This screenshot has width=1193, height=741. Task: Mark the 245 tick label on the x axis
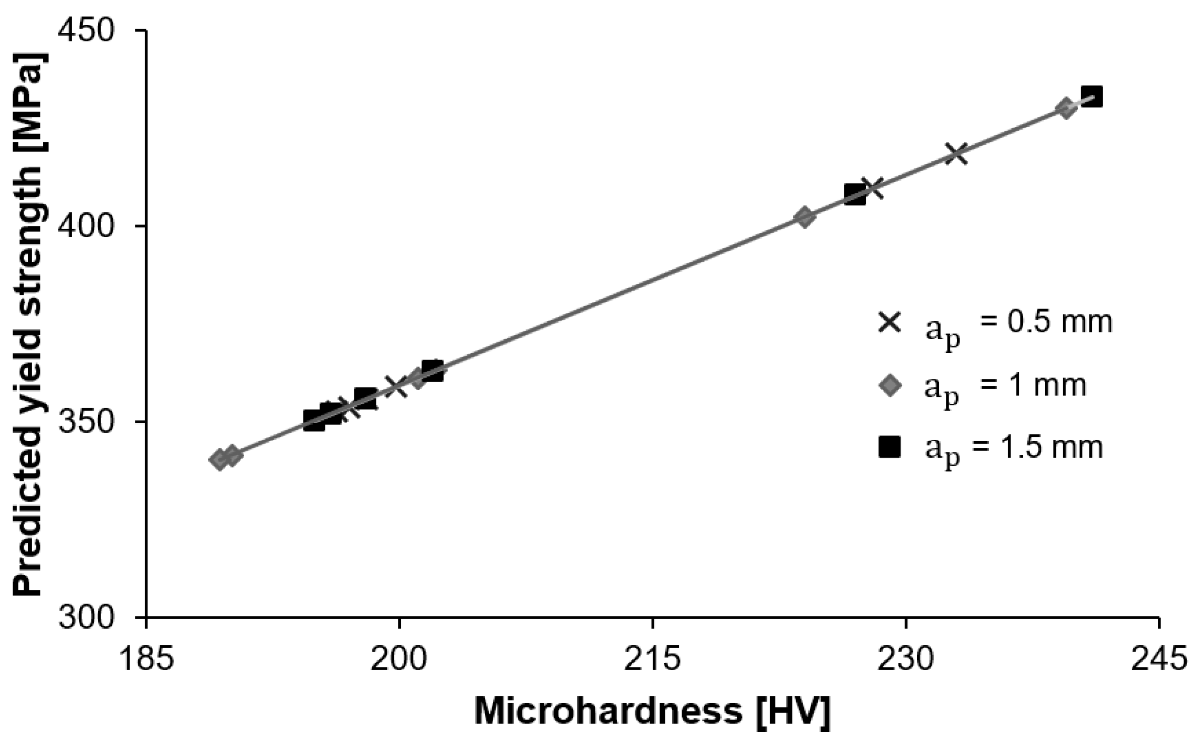(1158, 660)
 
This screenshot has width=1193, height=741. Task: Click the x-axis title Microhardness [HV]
(653, 711)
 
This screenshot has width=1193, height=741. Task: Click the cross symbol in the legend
(890, 323)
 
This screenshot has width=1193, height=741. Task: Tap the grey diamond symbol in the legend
(890, 386)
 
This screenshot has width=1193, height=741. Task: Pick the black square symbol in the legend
(890, 447)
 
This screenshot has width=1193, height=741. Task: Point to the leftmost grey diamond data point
(219, 459)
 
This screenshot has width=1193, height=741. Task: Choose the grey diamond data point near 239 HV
(1066, 108)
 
